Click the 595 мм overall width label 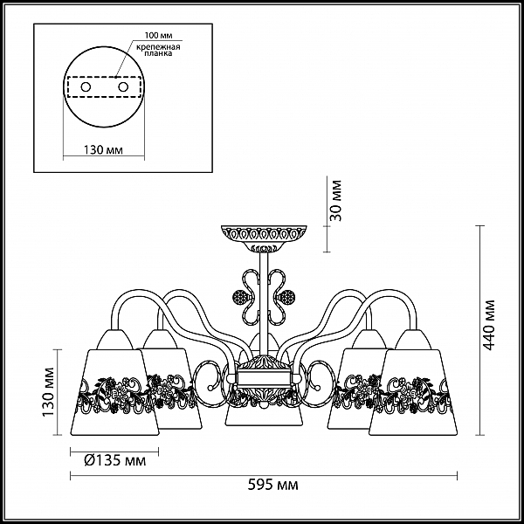coord(272,485)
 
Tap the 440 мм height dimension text coord(490,325)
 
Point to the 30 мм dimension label coord(336,201)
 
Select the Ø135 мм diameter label coord(115,460)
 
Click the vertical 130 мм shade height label coord(48,392)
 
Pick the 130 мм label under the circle coord(103,150)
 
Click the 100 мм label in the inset coord(158,36)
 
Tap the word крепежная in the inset coord(158,47)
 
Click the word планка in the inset coord(158,53)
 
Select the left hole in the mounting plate coord(86,87)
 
